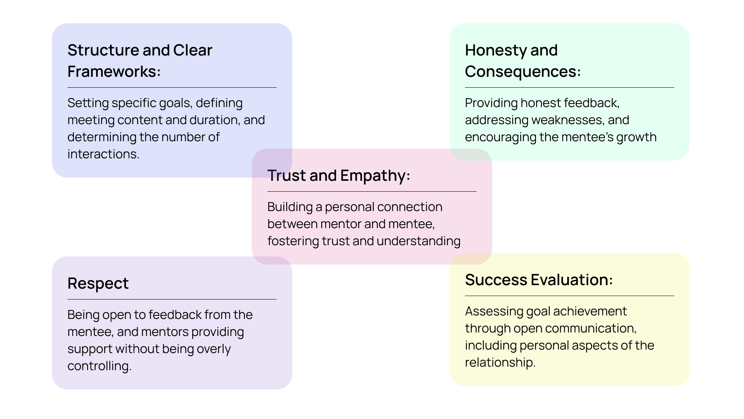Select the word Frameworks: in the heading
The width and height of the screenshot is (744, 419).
click(x=114, y=72)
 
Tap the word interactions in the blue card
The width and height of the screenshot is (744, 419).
click(x=103, y=154)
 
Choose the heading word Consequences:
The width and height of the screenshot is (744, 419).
click(x=523, y=72)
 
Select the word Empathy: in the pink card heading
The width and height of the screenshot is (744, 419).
click(x=375, y=176)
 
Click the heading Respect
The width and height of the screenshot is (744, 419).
click(x=98, y=284)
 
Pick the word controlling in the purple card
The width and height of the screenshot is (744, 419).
click(x=99, y=366)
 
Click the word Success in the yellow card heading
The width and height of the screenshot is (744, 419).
click(x=496, y=280)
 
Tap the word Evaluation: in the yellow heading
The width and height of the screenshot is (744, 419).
click(x=572, y=280)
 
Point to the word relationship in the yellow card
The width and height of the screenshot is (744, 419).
click(x=499, y=363)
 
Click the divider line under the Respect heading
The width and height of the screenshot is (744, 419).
click(x=172, y=299)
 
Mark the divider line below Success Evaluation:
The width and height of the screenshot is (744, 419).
click(x=569, y=296)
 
